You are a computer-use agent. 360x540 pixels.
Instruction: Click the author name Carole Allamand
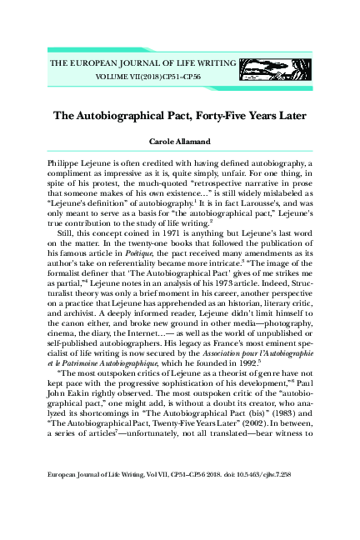[x=179, y=142]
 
